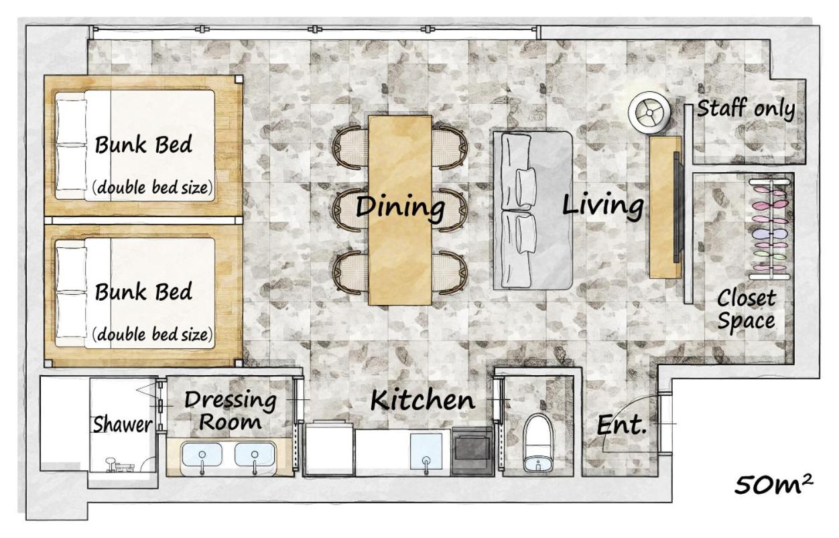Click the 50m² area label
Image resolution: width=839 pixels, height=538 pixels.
(773, 484)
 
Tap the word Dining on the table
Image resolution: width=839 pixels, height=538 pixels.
(400, 206)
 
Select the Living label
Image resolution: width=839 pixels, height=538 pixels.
(602, 204)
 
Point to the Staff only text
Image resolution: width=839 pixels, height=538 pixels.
(745, 109)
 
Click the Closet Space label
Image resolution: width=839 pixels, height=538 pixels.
(746, 310)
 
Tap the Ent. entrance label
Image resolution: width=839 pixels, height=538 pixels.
(621, 425)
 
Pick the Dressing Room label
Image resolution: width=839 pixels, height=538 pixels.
(230, 410)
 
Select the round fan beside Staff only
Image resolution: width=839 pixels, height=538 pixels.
(649, 113)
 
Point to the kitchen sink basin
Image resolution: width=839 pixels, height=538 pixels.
(426, 451)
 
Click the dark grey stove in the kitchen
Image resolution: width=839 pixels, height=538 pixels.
(472, 451)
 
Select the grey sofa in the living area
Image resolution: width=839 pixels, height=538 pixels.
(533, 211)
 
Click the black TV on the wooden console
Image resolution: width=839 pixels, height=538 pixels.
(676, 207)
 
